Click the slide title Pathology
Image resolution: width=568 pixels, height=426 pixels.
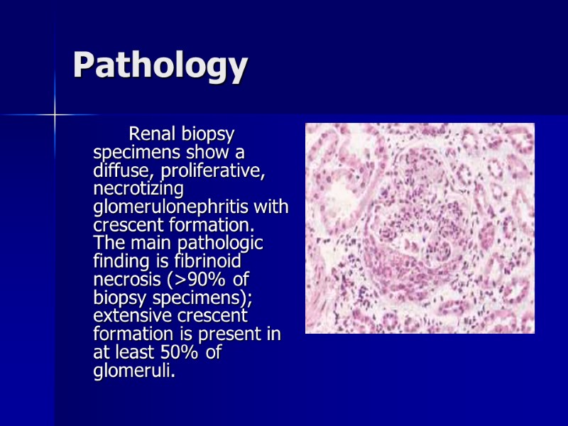(160, 66)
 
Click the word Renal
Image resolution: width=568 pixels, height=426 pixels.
(151, 133)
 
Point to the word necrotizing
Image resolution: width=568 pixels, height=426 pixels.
(138, 189)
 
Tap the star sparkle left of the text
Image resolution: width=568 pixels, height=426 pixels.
(55, 114)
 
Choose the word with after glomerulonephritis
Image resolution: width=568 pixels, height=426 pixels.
(274, 207)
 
